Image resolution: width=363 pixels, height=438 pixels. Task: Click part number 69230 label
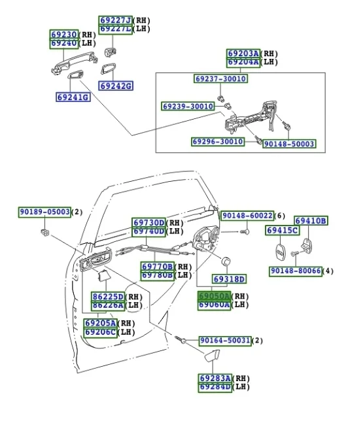[65, 34]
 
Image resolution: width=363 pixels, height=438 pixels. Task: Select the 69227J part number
[115, 20]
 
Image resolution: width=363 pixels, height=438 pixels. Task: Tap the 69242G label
[116, 86]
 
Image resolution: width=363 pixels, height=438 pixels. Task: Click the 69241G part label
[73, 97]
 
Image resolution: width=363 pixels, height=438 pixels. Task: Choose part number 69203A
[243, 54]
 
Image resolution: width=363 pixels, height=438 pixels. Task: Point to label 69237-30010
[221, 79]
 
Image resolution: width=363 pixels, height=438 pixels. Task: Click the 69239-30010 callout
[188, 106]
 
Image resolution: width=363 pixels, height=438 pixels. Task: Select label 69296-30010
[218, 141]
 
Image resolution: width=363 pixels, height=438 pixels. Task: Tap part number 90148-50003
[289, 144]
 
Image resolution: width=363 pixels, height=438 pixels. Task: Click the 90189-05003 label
[44, 212]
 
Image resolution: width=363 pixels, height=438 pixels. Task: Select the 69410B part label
[310, 221]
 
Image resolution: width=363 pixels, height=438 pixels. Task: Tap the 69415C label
[282, 230]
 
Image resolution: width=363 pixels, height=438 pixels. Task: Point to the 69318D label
[230, 279]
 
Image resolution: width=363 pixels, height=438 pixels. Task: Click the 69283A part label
[215, 379]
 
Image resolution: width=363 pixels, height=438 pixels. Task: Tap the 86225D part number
[107, 297]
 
